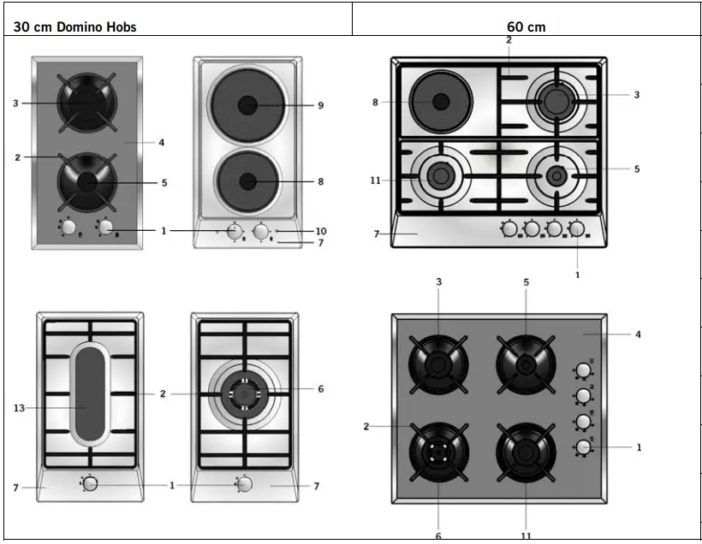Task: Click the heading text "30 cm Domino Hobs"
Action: click(74, 27)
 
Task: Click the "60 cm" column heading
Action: click(526, 27)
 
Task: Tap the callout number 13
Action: click(19, 409)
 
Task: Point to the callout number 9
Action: click(320, 105)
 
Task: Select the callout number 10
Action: click(320, 231)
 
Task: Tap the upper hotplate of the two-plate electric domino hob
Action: click(247, 104)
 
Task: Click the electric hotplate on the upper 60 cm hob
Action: click(440, 102)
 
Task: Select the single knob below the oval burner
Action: click(90, 483)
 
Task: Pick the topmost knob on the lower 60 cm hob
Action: click(583, 370)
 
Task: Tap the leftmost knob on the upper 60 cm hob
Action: click(509, 228)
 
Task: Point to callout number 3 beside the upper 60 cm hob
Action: click(636, 95)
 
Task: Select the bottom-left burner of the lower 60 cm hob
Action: click(438, 448)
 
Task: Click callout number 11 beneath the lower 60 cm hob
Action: click(526, 535)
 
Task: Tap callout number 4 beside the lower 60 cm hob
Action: click(638, 334)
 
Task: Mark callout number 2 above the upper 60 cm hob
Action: click(509, 40)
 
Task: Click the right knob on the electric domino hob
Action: click(261, 231)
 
